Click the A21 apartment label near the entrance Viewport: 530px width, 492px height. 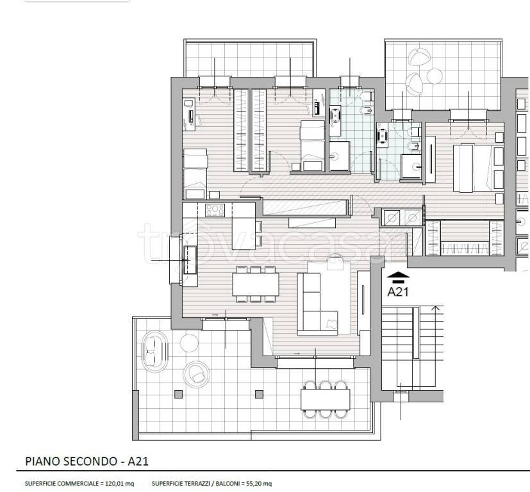[x=398, y=291]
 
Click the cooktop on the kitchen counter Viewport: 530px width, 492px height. [x=215, y=210]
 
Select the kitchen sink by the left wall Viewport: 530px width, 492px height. [x=190, y=259]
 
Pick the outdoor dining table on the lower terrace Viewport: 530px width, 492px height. [x=325, y=399]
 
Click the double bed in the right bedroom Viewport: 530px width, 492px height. [x=478, y=168]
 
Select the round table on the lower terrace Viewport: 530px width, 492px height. [x=189, y=343]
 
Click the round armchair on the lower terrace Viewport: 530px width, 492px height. [x=196, y=374]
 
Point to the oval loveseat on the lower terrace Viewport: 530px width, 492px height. [x=155, y=351]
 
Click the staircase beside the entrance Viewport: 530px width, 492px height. [x=412, y=347]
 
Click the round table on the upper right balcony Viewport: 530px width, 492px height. [x=435, y=76]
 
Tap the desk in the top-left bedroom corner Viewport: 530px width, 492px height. [x=189, y=114]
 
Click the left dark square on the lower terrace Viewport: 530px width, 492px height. [x=178, y=394]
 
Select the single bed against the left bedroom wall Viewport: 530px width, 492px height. [x=195, y=174]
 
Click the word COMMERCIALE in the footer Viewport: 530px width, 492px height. [x=76, y=484]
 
